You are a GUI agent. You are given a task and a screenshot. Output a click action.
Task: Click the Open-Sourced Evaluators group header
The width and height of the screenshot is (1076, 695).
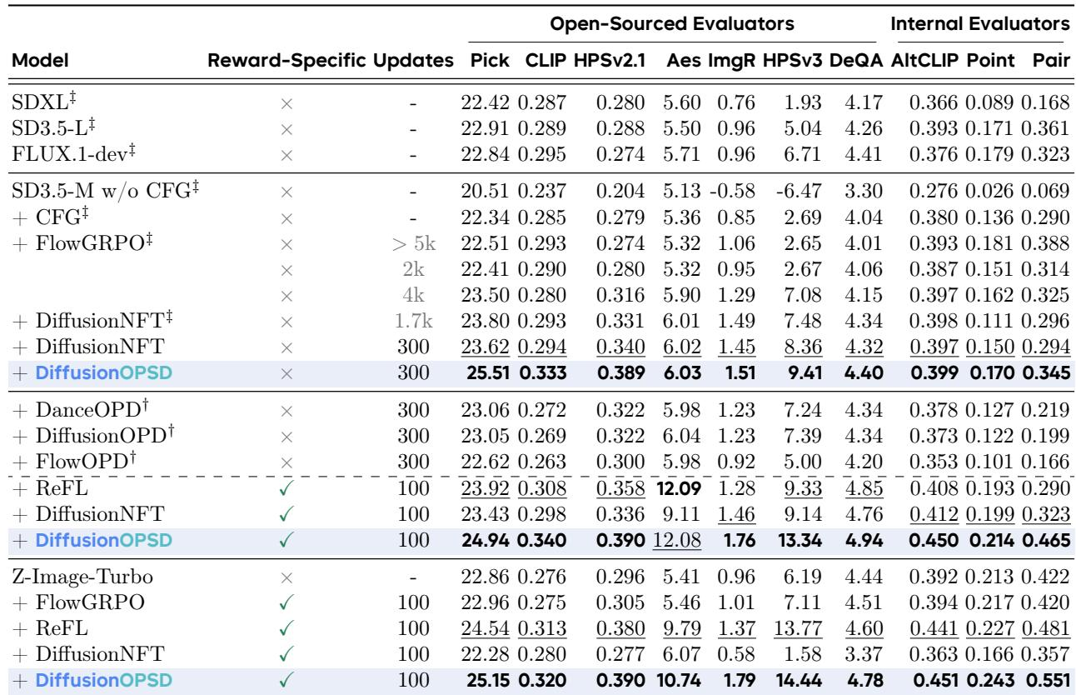pyautogui.click(x=671, y=23)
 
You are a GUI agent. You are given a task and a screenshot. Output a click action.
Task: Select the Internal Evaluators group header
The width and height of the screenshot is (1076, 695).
pyautogui.click(x=980, y=23)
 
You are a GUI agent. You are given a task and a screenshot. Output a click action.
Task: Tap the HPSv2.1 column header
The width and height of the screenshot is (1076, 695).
pyautogui.click(x=610, y=60)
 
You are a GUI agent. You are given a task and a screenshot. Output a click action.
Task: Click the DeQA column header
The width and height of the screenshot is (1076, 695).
pyautogui.click(x=856, y=60)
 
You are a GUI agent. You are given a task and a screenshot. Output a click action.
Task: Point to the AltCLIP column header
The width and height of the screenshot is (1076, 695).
pyautogui.click(x=924, y=60)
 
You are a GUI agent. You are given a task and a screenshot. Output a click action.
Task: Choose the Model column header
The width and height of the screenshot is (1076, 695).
pyautogui.click(x=40, y=60)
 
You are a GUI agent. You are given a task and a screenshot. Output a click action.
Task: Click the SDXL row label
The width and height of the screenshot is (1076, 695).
pyautogui.click(x=43, y=102)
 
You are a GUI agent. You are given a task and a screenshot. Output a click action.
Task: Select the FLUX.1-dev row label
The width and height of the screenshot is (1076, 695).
pyautogui.click(x=73, y=153)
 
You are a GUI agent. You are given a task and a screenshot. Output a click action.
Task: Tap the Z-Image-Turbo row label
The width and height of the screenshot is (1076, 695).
pyautogui.click(x=82, y=577)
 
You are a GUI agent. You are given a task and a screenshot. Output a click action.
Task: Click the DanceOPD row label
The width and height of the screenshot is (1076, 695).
pyautogui.click(x=92, y=409)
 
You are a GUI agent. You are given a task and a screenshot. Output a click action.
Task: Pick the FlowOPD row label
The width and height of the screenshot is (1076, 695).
pyautogui.click(x=86, y=461)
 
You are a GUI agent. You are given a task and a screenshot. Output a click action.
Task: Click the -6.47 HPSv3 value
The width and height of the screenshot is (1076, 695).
pyautogui.click(x=799, y=191)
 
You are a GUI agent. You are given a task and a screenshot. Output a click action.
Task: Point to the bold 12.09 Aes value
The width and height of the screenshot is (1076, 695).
pyautogui.click(x=678, y=488)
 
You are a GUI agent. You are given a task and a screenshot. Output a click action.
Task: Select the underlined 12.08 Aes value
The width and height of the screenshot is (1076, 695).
pyautogui.click(x=677, y=540)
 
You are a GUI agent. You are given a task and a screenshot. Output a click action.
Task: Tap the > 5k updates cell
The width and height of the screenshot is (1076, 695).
pyautogui.click(x=414, y=243)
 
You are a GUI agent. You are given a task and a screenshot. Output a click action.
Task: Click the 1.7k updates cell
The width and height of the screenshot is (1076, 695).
pyautogui.click(x=414, y=321)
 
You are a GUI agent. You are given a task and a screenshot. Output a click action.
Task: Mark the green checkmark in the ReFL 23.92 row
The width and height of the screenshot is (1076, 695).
pyautogui.click(x=286, y=488)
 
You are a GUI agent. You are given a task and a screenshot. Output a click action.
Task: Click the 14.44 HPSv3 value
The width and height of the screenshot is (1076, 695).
pyautogui.click(x=799, y=681)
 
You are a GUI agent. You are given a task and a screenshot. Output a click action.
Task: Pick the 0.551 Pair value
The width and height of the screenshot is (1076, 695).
pyautogui.click(x=1048, y=681)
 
